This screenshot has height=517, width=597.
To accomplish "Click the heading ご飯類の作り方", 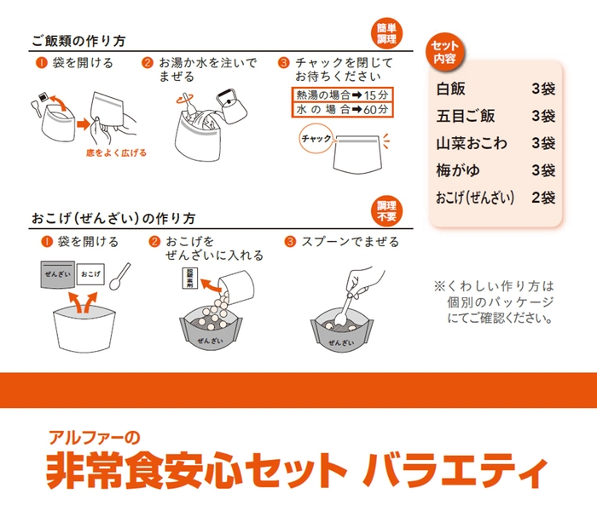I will coord(79,41).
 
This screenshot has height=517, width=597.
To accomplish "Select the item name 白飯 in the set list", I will coord(452,89).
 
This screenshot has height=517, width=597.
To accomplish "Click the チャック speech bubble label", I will coord(313,138).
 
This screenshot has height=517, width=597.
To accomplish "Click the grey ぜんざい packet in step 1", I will coord(56,274).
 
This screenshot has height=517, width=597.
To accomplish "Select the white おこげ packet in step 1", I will coord(92,275).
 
